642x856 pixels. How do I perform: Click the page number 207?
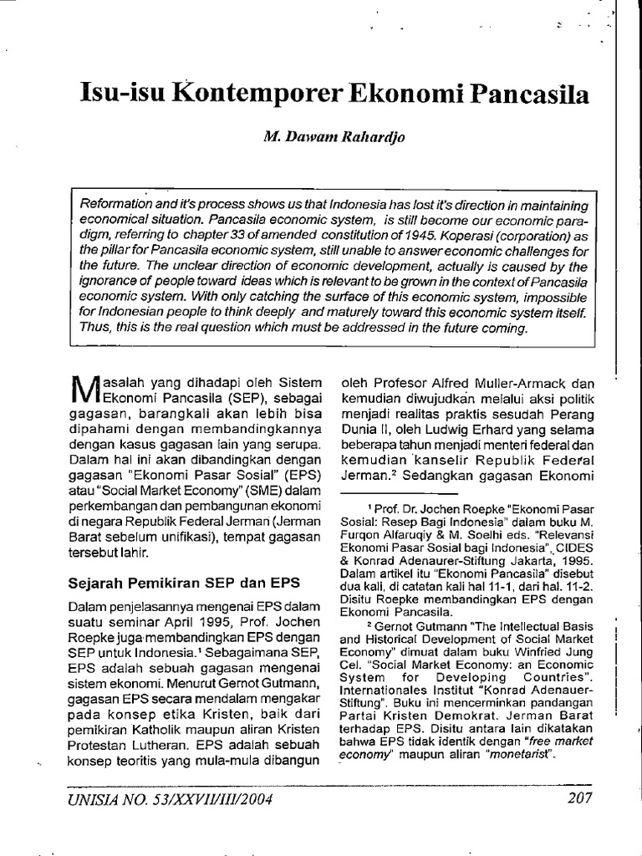click(578, 797)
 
